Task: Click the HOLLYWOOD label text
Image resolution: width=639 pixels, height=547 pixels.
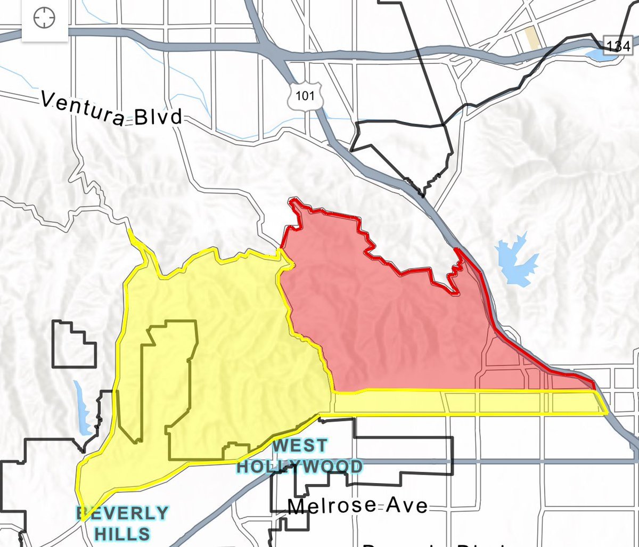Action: point(299,467)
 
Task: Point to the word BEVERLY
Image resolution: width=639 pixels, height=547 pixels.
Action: point(122,513)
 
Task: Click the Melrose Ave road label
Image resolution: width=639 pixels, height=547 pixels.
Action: point(358,505)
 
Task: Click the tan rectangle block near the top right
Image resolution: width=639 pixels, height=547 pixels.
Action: point(531,38)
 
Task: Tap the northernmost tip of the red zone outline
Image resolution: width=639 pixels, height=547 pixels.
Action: point(293,200)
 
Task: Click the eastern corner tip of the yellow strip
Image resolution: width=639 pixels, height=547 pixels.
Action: point(608,412)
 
